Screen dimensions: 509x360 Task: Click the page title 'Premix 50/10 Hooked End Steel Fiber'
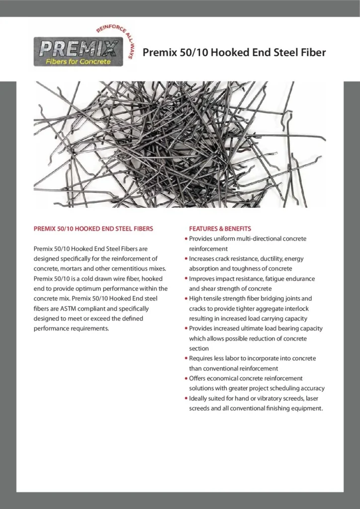click(x=234, y=53)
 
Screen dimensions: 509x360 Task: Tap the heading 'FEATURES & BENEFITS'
click(x=220, y=229)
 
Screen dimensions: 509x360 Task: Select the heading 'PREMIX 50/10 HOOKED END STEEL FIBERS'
click(x=93, y=229)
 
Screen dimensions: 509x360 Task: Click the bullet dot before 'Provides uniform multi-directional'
click(x=185, y=239)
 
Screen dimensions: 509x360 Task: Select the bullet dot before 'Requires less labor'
click(x=185, y=358)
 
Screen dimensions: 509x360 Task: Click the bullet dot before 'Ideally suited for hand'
click(x=185, y=398)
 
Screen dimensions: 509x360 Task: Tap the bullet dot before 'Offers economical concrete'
click(x=185, y=378)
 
